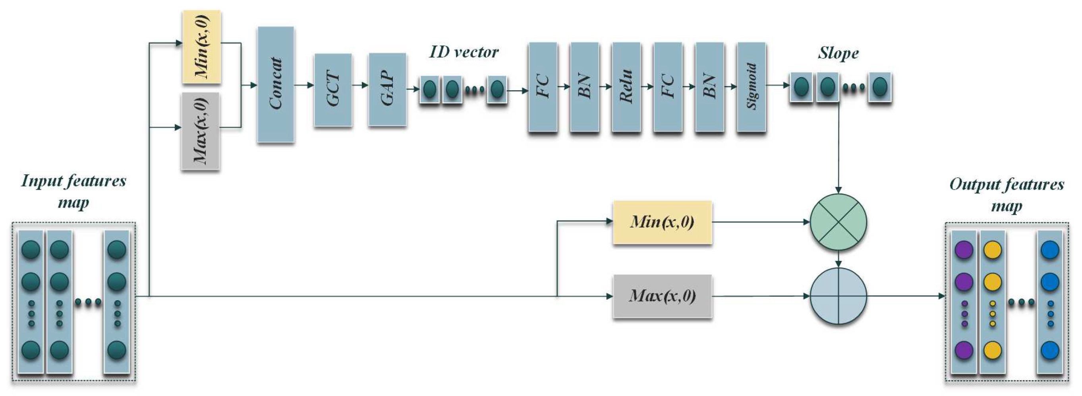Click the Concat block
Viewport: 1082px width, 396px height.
(x=276, y=85)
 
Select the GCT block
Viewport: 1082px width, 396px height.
(x=333, y=89)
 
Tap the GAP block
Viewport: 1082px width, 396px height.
(x=387, y=89)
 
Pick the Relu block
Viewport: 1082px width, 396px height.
(x=626, y=87)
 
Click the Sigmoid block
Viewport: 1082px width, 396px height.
(x=751, y=87)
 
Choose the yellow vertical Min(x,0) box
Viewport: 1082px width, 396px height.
(x=202, y=46)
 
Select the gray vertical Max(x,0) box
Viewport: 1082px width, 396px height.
(x=200, y=131)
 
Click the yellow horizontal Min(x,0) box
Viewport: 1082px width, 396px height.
(x=663, y=222)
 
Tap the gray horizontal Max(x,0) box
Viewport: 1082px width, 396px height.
(x=663, y=296)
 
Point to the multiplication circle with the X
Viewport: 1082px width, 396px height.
(x=838, y=222)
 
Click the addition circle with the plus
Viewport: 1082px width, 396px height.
(x=838, y=296)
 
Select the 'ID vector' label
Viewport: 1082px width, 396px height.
(x=463, y=52)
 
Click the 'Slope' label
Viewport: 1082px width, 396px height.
(x=838, y=53)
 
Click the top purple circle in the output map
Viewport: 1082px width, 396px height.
(x=964, y=250)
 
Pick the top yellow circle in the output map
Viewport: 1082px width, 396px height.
(x=993, y=250)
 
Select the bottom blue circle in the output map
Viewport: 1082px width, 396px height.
(x=1050, y=350)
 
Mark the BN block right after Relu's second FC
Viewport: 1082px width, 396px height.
(x=709, y=87)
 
